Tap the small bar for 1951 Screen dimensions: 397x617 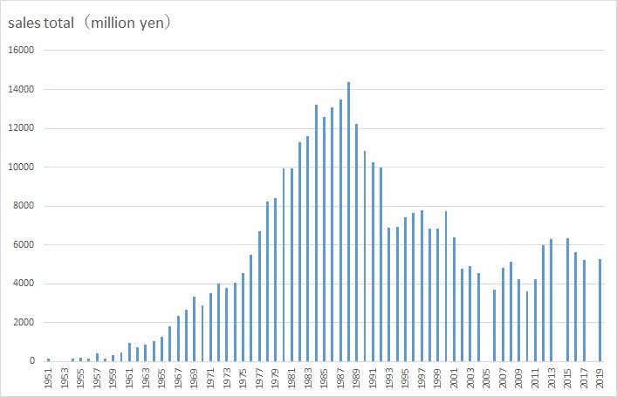point(49,359)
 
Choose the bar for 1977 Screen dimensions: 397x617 point(259,296)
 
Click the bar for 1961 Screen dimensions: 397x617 point(129,352)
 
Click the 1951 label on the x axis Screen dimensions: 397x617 point(49,378)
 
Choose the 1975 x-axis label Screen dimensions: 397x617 point(243,378)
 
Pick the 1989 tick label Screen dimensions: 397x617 point(356,378)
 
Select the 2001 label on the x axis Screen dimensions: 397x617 point(454,378)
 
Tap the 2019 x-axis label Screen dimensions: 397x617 point(600,378)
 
